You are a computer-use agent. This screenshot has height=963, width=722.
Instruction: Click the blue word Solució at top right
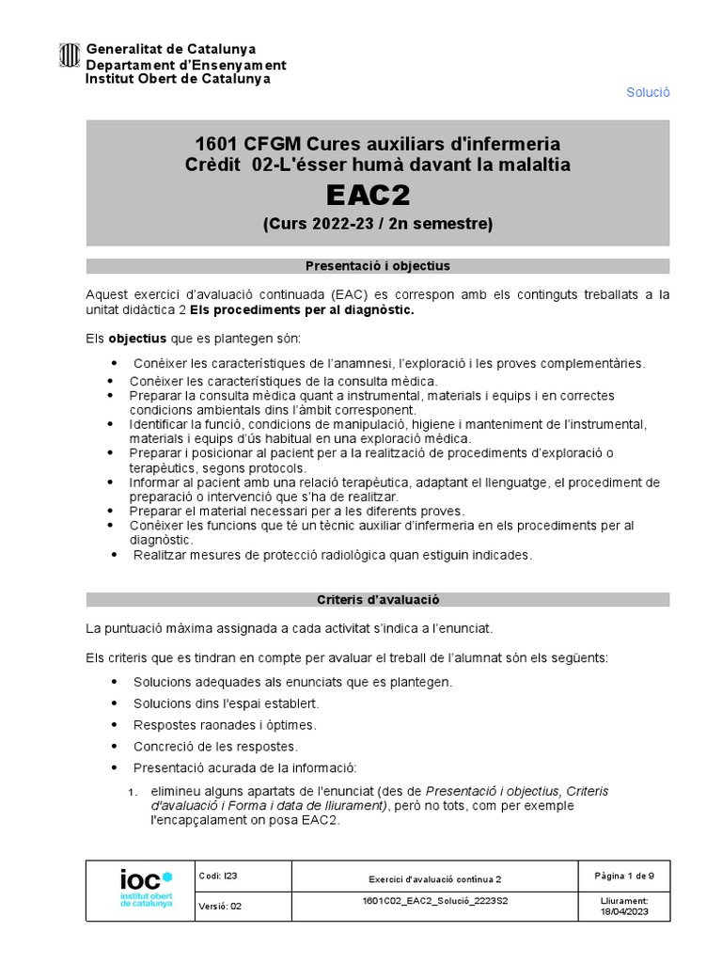coord(648,92)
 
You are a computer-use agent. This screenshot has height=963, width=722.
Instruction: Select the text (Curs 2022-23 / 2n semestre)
coord(376,224)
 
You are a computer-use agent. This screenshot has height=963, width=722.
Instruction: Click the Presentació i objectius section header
coord(377,266)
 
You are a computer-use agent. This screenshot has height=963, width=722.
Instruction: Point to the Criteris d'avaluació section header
coord(377,599)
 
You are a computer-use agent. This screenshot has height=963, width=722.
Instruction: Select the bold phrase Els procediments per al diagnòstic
coord(302,309)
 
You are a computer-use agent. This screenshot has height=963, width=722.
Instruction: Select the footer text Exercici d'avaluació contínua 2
coord(434,879)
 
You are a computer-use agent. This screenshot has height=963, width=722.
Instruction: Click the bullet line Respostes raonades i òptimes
coord(225,725)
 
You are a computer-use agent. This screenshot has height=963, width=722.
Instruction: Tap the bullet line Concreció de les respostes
coord(215,747)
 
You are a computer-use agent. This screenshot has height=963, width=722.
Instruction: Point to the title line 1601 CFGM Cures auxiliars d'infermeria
coord(377,144)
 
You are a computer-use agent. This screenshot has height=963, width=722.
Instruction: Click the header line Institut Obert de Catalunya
coord(178,79)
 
